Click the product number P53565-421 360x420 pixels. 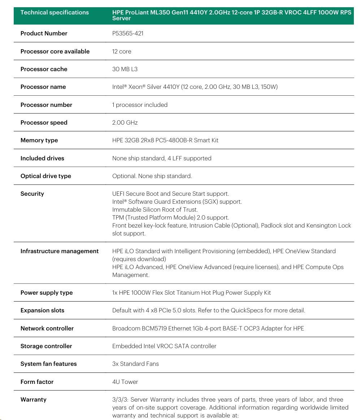128,34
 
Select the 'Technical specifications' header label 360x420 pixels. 55,13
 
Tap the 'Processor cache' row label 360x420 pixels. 44,69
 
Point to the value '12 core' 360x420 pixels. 122,51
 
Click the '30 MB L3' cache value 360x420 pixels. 125,69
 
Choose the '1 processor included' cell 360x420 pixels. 140,105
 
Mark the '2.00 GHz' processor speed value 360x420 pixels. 125,122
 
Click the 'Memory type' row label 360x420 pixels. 39,140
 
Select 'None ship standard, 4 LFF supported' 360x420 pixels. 162,158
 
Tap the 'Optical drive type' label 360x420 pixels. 46,176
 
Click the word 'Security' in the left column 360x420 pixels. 32,194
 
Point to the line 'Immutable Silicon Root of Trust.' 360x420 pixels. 155,209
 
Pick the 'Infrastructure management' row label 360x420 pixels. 60,251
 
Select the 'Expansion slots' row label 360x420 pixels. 42,310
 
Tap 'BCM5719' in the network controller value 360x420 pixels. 154,328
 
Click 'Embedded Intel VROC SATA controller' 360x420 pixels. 164,346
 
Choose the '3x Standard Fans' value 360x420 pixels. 135,364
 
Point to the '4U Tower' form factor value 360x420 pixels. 125,382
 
